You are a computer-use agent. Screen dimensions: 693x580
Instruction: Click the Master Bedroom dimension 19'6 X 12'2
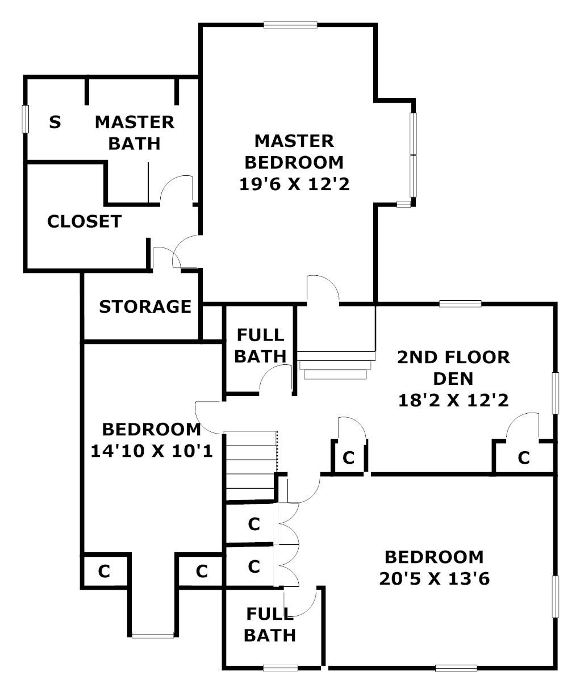(x=294, y=184)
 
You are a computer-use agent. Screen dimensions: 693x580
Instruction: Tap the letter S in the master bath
(x=55, y=121)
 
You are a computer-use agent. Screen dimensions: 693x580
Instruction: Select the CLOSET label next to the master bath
(x=84, y=221)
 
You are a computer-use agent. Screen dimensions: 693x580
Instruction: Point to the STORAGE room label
(x=145, y=307)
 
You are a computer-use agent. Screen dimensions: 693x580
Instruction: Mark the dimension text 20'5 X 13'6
(x=434, y=579)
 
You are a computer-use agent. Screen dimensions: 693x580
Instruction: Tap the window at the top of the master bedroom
(x=290, y=24)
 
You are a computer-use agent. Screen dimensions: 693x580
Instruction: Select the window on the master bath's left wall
(x=24, y=119)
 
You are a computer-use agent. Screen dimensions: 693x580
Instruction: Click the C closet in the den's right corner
(x=523, y=457)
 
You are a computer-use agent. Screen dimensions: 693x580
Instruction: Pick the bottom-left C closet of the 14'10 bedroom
(x=103, y=571)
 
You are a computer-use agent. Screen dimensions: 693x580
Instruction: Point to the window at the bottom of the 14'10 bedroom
(x=153, y=635)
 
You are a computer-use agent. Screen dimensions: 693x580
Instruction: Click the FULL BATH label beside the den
(x=260, y=346)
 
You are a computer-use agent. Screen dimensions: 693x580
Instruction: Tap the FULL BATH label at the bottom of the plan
(x=270, y=624)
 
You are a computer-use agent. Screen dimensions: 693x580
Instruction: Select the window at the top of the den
(x=460, y=304)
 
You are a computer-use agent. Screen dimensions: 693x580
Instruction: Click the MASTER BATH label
(x=135, y=132)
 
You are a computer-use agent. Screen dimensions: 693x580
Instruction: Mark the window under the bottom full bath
(x=281, y=667)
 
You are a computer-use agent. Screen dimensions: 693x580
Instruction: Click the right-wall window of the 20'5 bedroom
(x=555, y=596)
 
